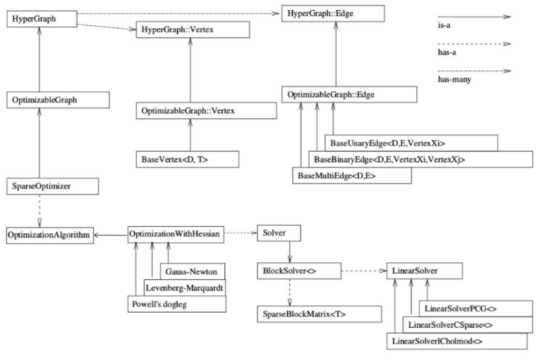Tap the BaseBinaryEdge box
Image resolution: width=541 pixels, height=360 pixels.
[420, 159]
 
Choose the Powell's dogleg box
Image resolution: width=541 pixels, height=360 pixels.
[178, 304]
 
